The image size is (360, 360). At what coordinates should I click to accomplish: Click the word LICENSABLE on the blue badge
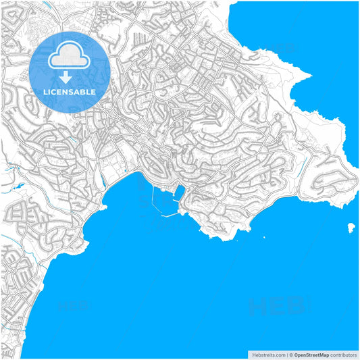[x=70, y=91]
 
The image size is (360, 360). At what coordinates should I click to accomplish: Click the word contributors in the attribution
[x=343, y=355]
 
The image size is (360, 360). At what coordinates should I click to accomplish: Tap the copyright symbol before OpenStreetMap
[x=291, y=355]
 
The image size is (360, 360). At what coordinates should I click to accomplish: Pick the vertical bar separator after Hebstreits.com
[x=286, y=355]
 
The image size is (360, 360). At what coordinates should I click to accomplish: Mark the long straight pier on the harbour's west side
[x=153, y=200]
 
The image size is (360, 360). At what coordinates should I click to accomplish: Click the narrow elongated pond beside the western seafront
[x=101, y=179]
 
